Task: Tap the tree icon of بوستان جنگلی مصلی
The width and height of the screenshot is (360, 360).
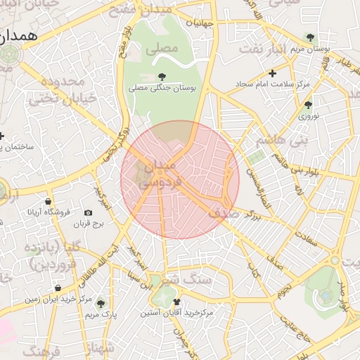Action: (x=162, y=76)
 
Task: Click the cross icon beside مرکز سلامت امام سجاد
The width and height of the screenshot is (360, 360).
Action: (x=273, y=73)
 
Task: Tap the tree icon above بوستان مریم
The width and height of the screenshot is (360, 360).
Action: (x=309, y=37)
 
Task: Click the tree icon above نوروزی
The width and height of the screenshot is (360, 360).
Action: (x=308, y=105)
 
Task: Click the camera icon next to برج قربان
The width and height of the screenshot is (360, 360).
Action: (x=88, y=212)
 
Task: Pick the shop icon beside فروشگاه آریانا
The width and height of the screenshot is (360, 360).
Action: (x=47, y=201)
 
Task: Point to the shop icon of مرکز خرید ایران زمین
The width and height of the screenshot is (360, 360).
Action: (x=58, y=288)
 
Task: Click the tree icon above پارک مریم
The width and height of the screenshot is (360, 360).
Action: (x=101, y=304)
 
